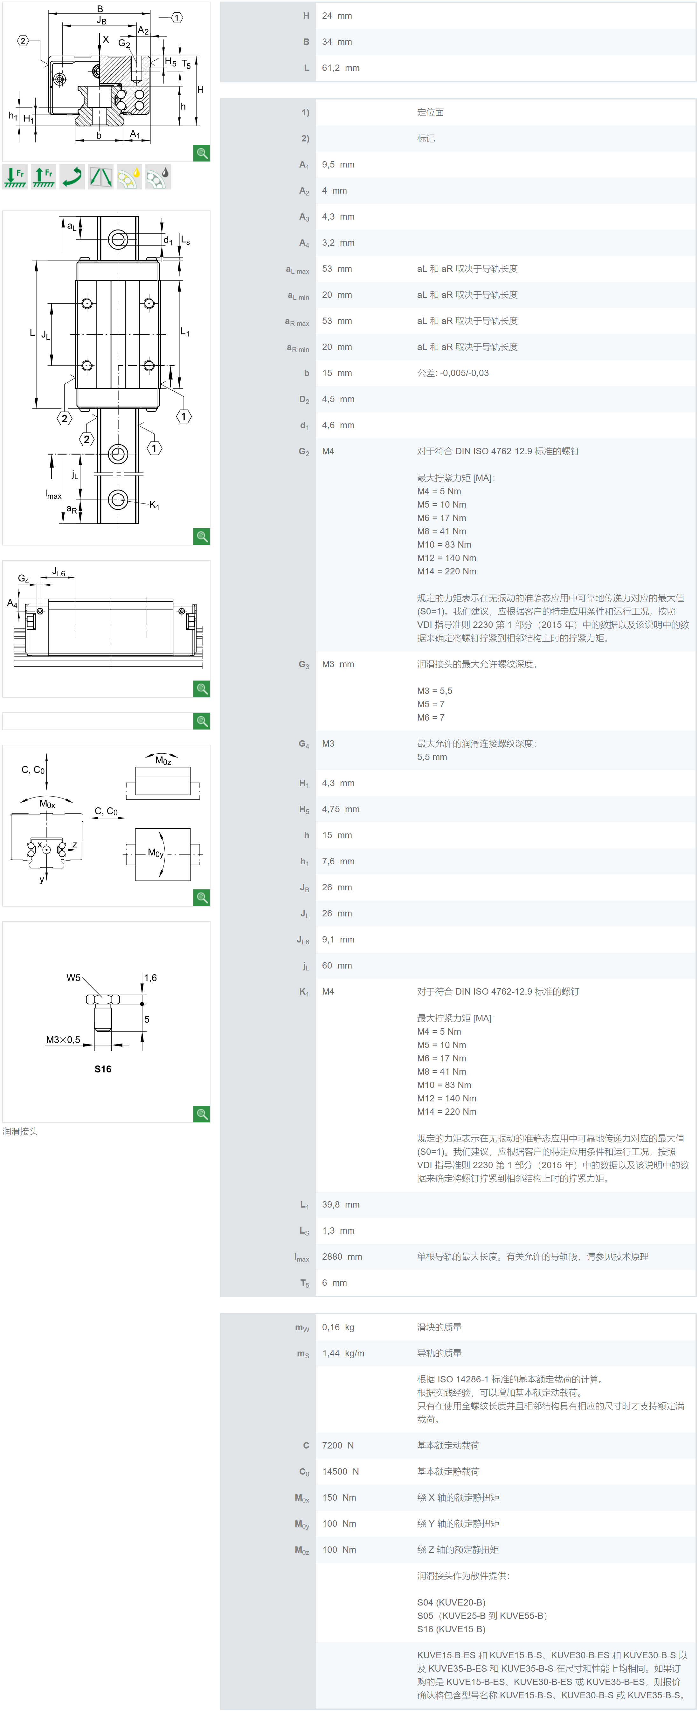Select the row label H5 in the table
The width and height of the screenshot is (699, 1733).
point(304,809)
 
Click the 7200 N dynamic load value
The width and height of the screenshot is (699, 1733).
point(338,1445)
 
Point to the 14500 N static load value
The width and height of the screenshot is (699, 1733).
point(340,1471)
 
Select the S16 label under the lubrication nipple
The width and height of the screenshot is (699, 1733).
point(103,1069)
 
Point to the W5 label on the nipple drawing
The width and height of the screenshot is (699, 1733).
point(73,977)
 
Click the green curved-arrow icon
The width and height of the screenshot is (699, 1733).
point(72,176)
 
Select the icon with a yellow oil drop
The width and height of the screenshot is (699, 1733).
point(129,176)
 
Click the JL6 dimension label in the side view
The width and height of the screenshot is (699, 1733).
point(59,572)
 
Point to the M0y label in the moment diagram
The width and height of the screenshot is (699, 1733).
point(156,853)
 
